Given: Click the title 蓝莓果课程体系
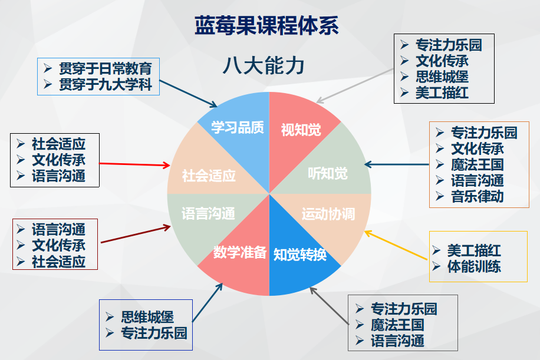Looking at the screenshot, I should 266,27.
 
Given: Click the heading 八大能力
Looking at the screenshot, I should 263,66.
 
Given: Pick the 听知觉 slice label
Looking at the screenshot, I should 328,173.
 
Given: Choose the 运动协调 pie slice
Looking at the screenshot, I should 328,214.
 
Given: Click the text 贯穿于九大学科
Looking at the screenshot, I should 106,85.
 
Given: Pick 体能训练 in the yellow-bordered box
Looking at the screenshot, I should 474,266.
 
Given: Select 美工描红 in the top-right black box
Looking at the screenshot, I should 442,93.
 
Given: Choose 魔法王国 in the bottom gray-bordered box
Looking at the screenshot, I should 397,325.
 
